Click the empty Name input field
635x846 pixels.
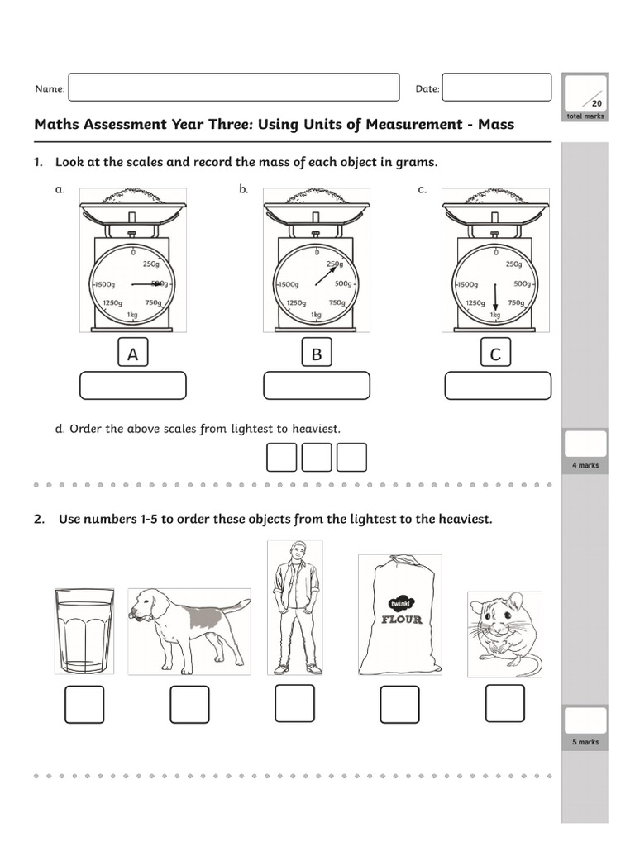click(x=233, y=88)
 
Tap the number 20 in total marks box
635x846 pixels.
click(x=596, y=103)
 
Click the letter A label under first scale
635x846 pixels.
click(x=132, y=354)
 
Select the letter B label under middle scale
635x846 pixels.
click(x=316, y=354)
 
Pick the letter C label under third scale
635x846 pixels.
click(x=495, y=354)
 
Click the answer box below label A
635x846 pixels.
click(x=132, y=386)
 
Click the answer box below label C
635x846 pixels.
click(x=497, y=386)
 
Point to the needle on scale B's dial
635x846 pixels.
click(x=326, y=273)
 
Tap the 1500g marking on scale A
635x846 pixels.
click(x=105, y=284)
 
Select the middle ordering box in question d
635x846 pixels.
click(x=317, y=457)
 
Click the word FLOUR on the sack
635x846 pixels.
click(x=400, y=619)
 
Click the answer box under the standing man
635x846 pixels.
click(x=294, y=703)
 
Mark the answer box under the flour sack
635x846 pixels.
click(x=400, y=704)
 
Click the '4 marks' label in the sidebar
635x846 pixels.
click(x=585, y=466)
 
